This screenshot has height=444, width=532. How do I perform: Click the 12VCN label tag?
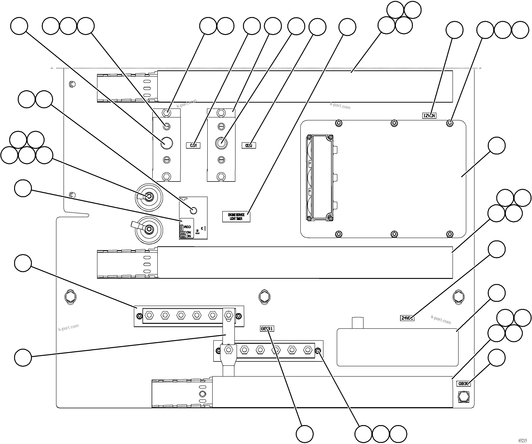coord(429,116)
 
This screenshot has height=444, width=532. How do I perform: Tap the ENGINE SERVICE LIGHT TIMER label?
coord(236,217)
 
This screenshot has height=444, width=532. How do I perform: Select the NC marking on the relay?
coord(188,236)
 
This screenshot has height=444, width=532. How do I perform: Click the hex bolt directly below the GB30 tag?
coord(464,397)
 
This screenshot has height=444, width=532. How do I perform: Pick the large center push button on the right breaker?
coord(221,143)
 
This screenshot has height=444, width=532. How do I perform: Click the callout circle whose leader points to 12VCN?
coord(455,30)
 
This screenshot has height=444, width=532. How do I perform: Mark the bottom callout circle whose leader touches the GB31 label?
coord(305,434)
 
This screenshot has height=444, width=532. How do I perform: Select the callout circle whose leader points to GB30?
coord(496,358)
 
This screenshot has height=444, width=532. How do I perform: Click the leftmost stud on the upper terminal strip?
coord(149,316)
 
